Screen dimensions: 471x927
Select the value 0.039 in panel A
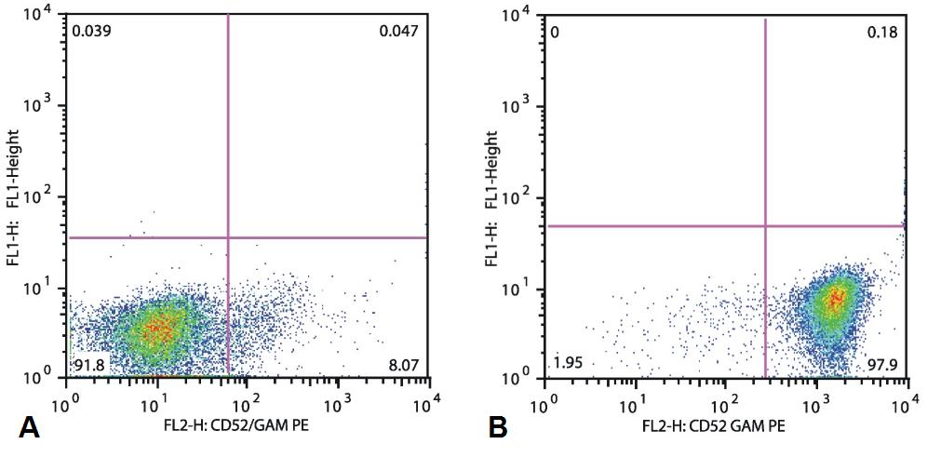pos(90,32)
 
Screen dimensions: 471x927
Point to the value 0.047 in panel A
pos(398,32)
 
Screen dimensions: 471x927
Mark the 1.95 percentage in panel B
pos(568,363)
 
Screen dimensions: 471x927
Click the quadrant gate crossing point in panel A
pos(228,237)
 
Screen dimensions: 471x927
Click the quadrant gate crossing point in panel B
pos(765,225)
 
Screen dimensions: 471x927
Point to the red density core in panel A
pos(160,328)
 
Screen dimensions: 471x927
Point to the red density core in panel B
pos(836,298)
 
